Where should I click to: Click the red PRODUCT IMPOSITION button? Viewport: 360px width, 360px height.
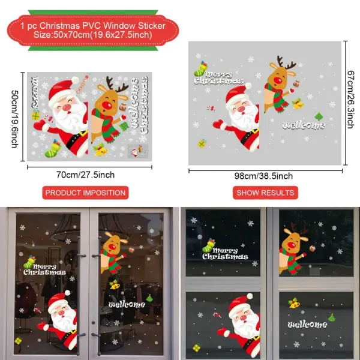point(86,193)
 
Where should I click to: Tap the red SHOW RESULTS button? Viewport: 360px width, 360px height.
point(265,193)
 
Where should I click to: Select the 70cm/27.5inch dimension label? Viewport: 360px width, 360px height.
point(86,175)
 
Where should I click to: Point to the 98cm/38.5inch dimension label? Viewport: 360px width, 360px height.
point(265,176)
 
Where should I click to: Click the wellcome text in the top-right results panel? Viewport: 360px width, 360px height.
point(304,125)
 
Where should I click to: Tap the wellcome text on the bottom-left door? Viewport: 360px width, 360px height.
point(128,304)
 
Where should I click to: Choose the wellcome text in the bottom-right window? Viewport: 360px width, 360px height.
point(307,325)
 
